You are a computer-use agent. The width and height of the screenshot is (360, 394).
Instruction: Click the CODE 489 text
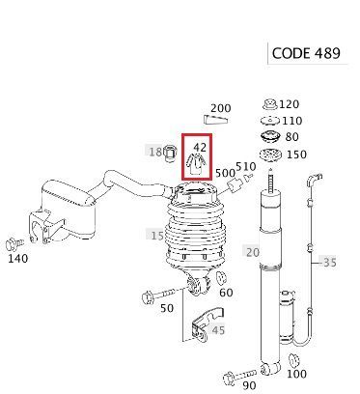tap(306, 53)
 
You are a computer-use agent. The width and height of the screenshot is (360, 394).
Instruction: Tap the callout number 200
tap(221, 108)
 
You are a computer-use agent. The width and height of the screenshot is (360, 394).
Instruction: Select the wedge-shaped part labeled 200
tap(215, 120)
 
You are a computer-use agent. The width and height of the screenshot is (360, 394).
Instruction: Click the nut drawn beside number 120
tap(269, 104)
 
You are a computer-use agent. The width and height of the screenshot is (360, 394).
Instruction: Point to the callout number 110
tap(292, 121)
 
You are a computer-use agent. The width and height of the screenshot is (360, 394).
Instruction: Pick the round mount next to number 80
tap(270, 137)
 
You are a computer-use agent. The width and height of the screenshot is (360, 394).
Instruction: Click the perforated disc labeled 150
tap(270, 155)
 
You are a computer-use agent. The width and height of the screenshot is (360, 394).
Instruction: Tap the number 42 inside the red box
tap(200, 147)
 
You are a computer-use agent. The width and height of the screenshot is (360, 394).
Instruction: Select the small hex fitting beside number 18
tap(170, 153)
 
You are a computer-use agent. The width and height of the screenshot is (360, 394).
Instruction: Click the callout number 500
tap(225, 173)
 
